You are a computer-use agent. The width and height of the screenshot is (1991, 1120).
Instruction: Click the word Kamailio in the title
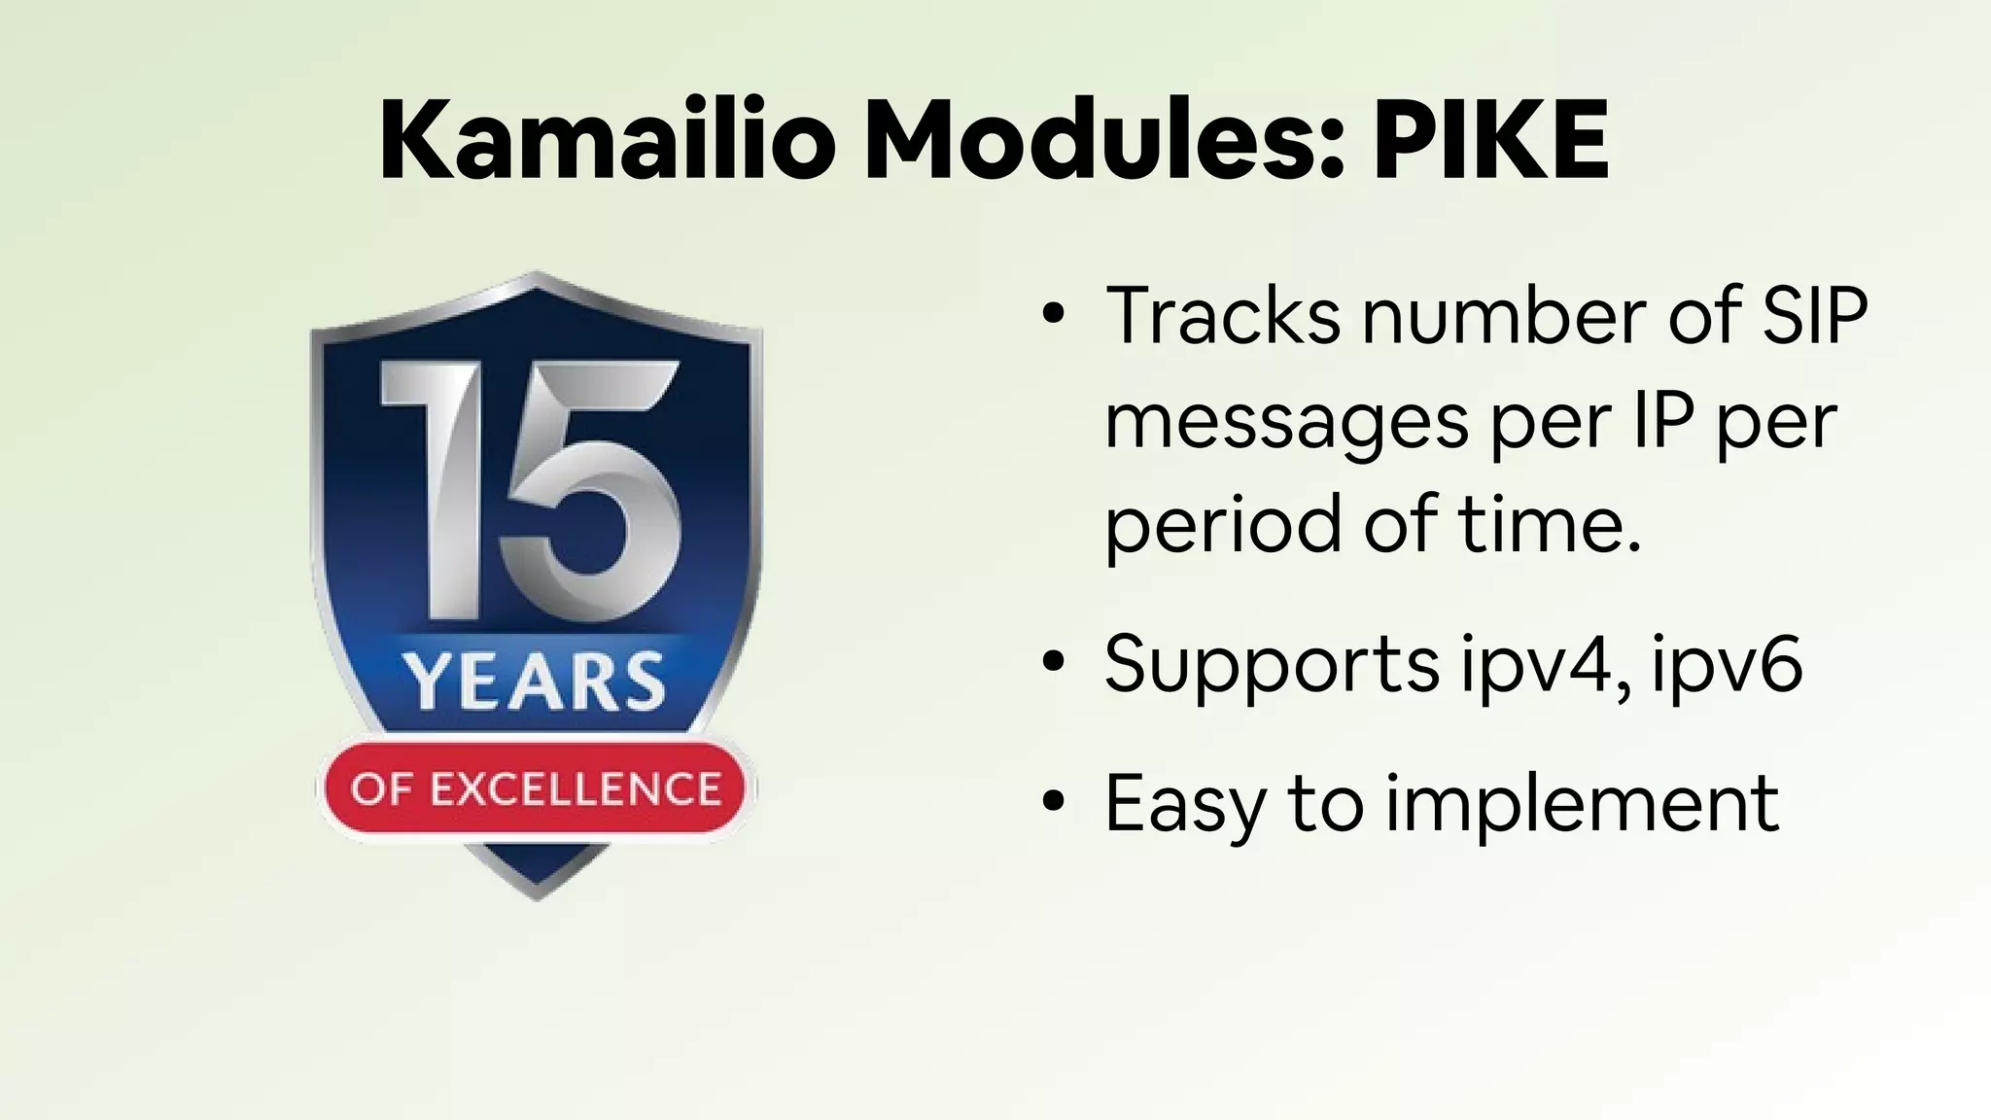click(608, 141)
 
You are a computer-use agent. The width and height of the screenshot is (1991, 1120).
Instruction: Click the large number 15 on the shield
click(531, 486)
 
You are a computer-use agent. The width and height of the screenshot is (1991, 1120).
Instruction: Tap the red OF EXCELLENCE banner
click(536, 788)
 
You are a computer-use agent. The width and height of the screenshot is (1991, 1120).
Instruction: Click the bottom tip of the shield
click(538, 890)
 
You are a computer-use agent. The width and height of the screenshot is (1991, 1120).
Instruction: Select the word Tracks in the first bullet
click(1222, 316)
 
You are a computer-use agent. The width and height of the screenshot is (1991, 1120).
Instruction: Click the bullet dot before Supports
click(1053, 664)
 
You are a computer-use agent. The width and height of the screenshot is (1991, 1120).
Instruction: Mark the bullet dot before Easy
click(1053, 803)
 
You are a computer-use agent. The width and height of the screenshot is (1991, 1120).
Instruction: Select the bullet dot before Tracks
click(1053, 316)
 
